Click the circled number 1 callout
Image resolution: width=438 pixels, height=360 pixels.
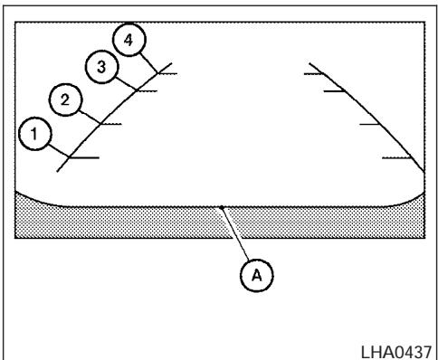pos(34,135)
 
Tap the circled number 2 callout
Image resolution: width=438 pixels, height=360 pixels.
pos(63,99)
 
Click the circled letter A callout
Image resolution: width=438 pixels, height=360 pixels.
pos(256,269)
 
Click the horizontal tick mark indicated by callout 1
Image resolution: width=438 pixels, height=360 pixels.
pos(83,157)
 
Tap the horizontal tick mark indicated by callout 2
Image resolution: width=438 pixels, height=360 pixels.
pos(110,123)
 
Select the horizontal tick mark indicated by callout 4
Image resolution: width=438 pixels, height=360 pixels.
pos(166,70)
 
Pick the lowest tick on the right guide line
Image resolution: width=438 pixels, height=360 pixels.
pos(398,157)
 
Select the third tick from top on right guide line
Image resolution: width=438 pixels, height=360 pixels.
pos(369,123)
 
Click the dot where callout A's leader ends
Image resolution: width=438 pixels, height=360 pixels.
pos(222,207)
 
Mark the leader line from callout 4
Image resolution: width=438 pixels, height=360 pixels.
pos(148,57)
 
